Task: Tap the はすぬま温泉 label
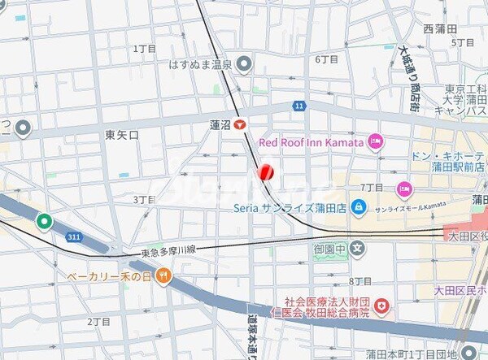click(200, 63)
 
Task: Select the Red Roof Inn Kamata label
click(312, 142)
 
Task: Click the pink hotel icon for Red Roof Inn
click(375, 142)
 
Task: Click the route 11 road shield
click(299, 106)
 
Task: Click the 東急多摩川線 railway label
click(172, 251)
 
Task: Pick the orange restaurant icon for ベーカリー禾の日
click(163, 275)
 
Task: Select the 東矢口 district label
click(122, 134)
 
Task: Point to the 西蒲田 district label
click(439, 28)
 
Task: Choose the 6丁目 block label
click(325, 59)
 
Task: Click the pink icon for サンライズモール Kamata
click(403, 189)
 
